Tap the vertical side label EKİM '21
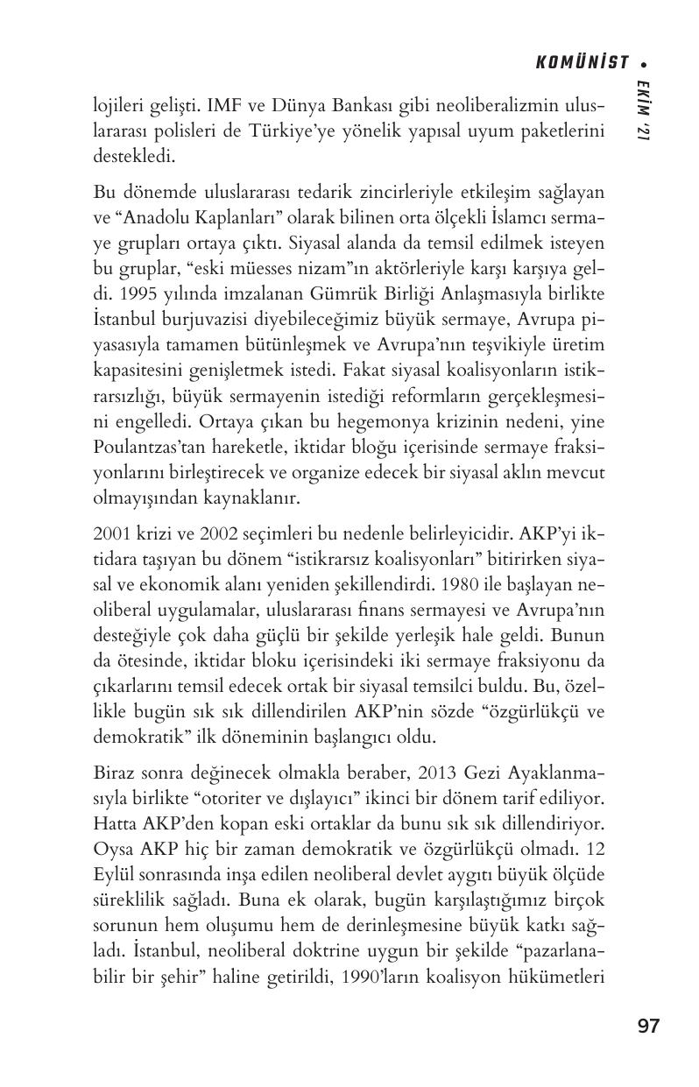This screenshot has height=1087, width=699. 644,109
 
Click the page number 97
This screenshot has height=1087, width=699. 648,1027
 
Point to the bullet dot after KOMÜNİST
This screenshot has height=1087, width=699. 644,63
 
